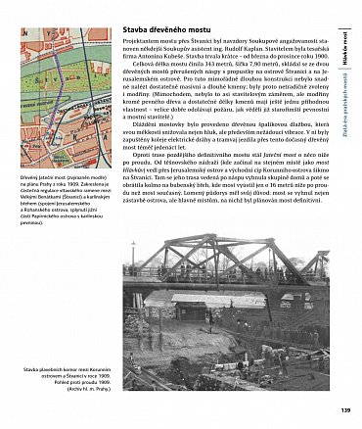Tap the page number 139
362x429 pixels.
point(344,410)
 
